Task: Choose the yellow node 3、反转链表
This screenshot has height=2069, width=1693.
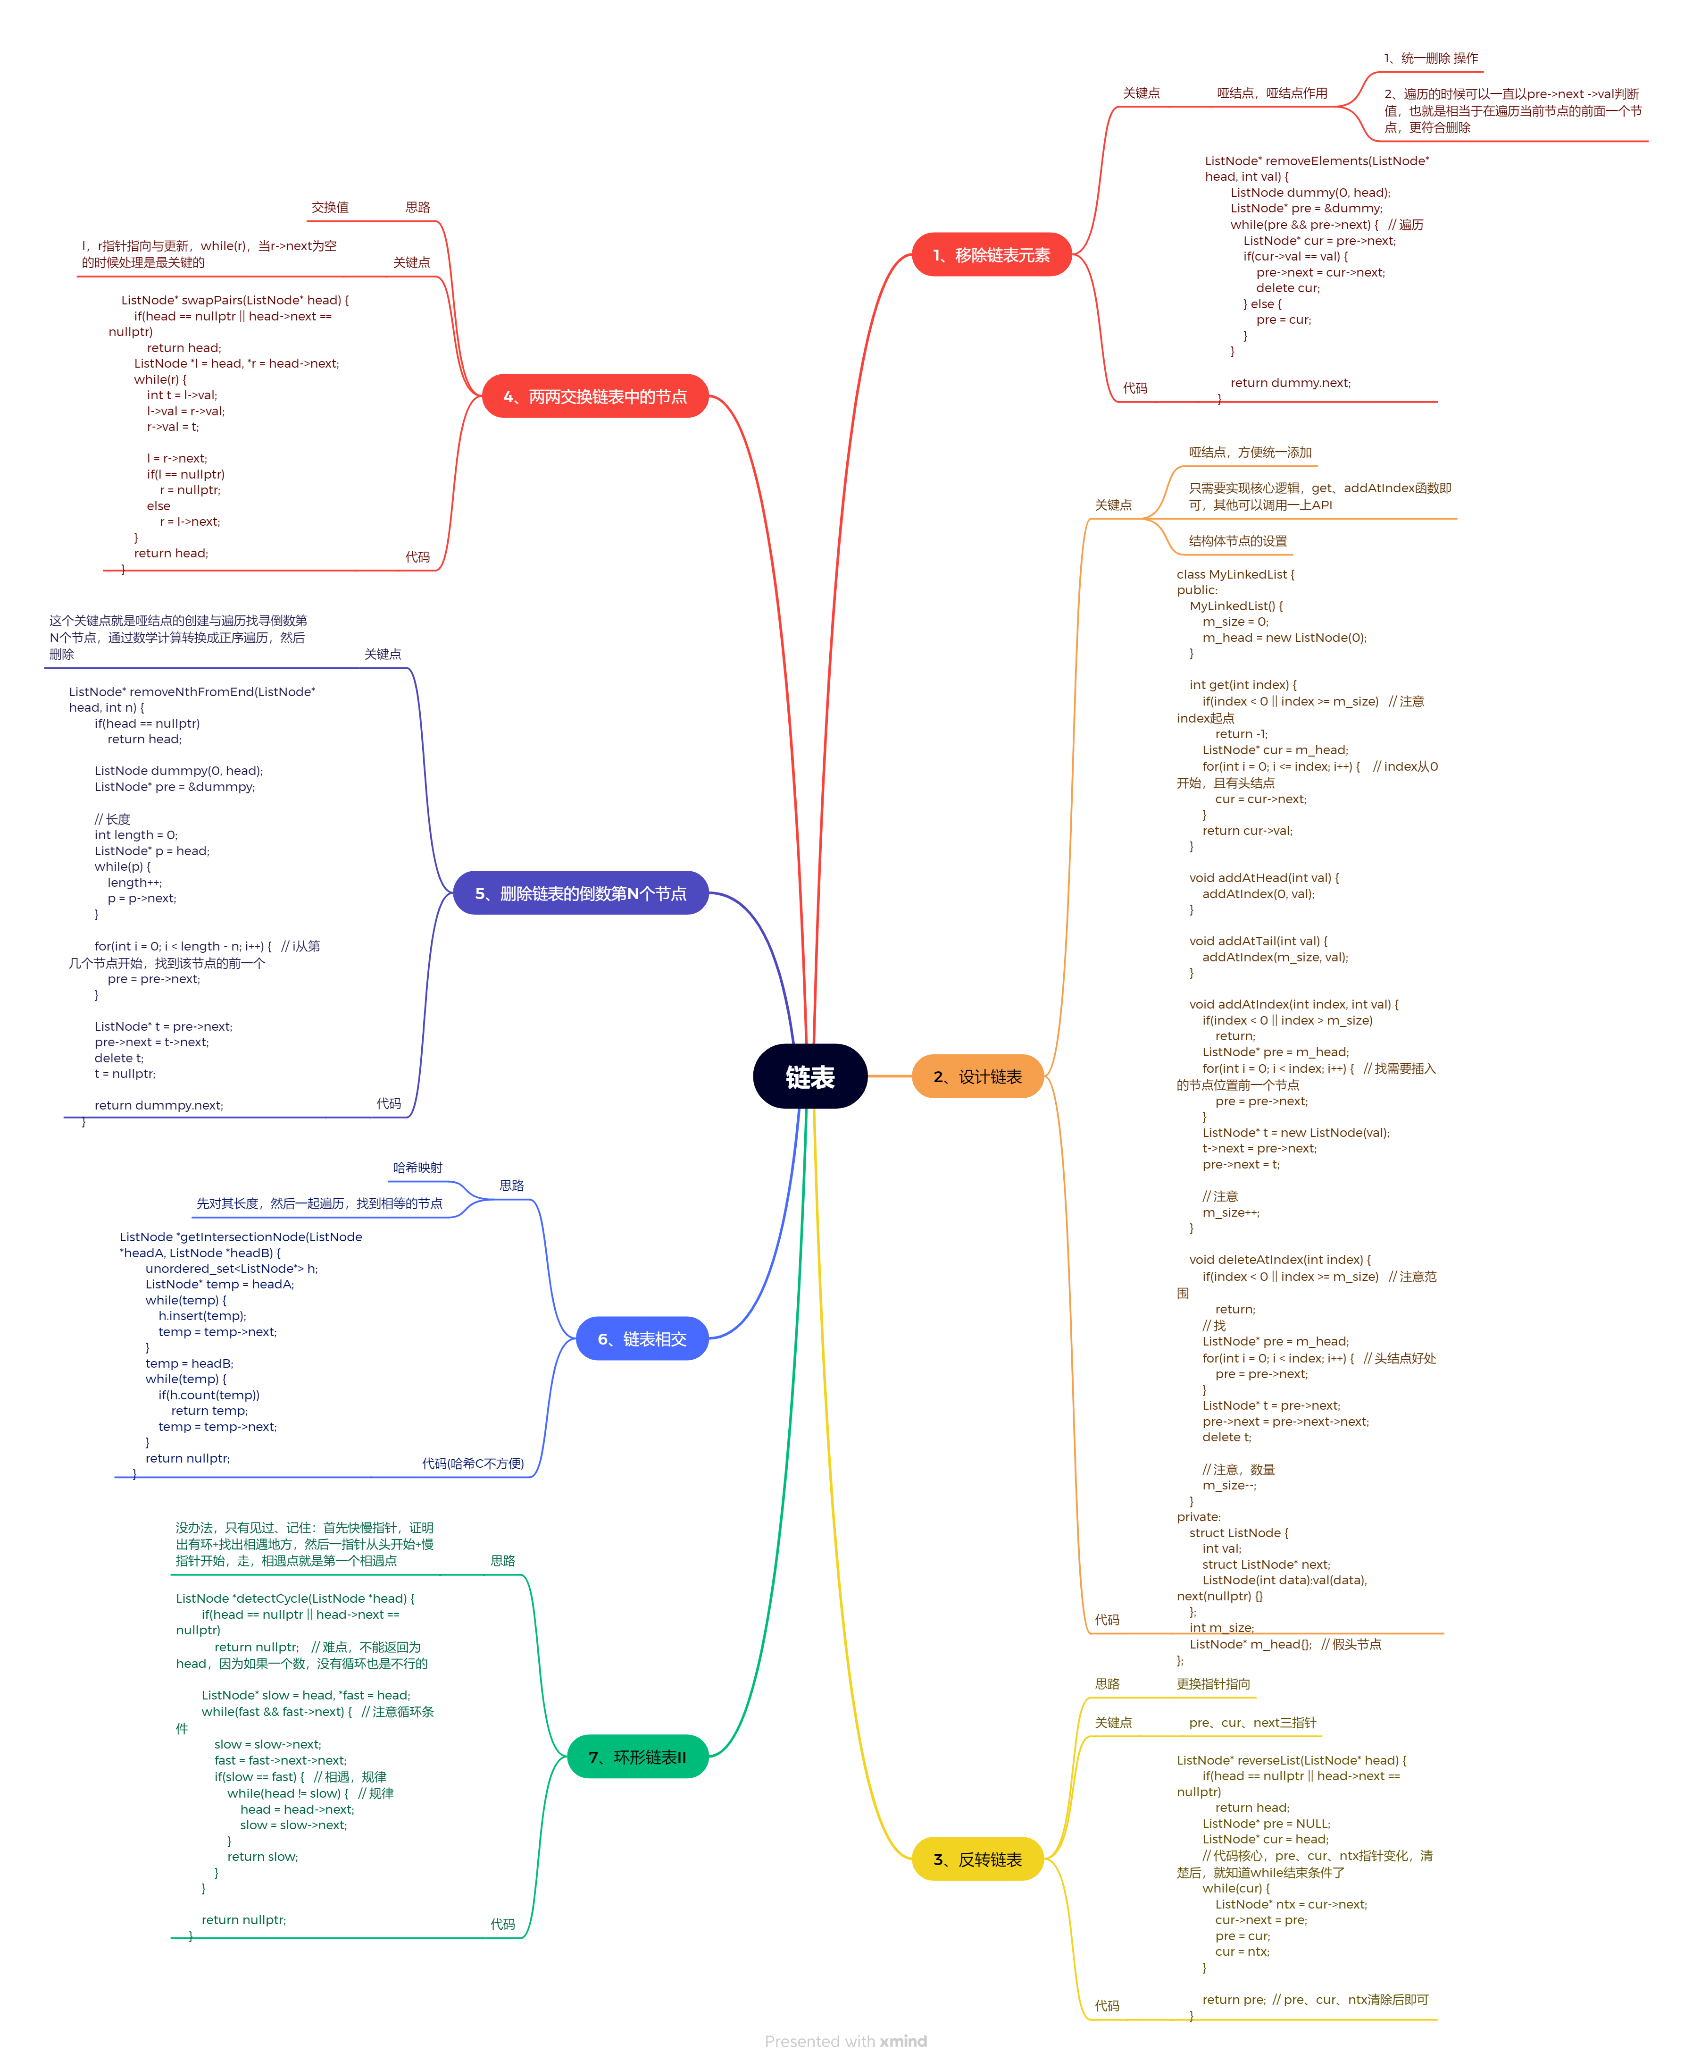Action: click(x=977, y=1859)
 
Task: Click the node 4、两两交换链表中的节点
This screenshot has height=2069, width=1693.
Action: click(x=595, y=396)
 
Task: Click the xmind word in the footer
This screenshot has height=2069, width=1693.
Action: click(x=903, y=2041)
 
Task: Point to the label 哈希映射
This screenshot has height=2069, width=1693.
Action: click(x=417, y=1168)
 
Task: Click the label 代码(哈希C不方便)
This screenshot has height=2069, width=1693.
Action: click(x=473, y=1463)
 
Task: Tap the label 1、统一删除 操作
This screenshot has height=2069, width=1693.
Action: click(x=1431, y=58)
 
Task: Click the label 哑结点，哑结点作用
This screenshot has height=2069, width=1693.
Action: click(x=1272, y=93)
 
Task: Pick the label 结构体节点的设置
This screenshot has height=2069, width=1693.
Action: click(x=1238, y=540)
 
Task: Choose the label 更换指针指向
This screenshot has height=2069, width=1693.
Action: click(x=1213, y=1684)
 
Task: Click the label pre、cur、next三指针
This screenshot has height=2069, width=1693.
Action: click(x=1252, y=1723)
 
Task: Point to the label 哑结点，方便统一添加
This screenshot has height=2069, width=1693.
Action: click(x=1250, y=452)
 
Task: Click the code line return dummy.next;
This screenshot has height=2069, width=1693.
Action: click(x=1290, y=382)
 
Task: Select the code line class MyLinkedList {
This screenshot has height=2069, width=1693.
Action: click(x=1234, y=573)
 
